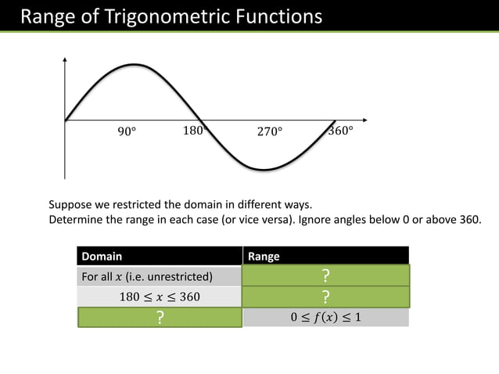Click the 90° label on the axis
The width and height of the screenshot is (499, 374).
(127, 131)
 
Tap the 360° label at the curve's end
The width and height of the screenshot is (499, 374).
(339, 130)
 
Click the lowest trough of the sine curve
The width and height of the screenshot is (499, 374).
(266, 169)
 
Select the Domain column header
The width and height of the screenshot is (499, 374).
(102, 256)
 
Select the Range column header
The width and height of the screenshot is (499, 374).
(264, 256)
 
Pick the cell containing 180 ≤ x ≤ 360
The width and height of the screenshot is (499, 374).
(160, 297)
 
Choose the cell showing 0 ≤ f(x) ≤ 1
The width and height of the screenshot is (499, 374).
(325, 317)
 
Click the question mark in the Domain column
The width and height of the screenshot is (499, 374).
(160, 317)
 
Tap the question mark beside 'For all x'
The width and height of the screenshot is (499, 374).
(325, 276)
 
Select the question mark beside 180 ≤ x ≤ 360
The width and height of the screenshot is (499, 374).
(325, 297)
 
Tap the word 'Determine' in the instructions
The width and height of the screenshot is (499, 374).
(77, 219)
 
